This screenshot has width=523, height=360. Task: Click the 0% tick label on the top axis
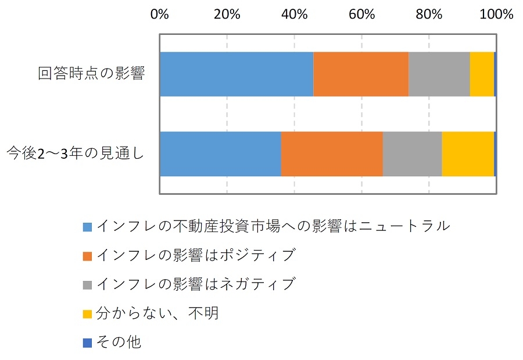pos(159,14)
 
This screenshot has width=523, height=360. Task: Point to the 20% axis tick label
pos(227,14)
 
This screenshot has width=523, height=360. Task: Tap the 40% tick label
pos(294,14)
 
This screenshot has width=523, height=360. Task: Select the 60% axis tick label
pos(361,14)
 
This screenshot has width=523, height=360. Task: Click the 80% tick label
pos(429,14)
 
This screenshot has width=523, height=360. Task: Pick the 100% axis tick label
pos(496,14)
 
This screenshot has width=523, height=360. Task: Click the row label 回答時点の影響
pos(91,74)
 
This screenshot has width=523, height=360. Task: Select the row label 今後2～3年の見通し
pos(75,154)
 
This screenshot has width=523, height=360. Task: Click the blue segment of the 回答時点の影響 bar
pos(236,74)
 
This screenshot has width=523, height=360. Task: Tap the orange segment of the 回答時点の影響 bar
pos(361,74)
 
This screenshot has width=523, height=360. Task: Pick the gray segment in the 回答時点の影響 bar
pos(439,74)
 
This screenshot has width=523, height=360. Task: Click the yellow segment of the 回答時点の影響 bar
pos(482,74)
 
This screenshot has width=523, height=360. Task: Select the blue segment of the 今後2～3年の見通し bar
pos(220,154)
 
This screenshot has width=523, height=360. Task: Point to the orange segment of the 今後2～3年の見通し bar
pos(332,154)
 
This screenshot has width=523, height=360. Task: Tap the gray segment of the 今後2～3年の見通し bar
pos(412,154)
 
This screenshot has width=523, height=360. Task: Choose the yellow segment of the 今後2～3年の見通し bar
pos(468,154)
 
